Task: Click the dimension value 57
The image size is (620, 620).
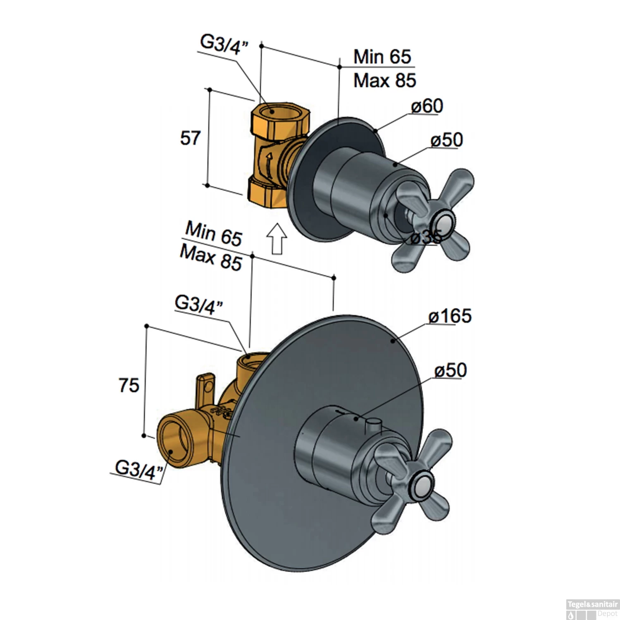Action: pyautogui.click(x=190, y=138)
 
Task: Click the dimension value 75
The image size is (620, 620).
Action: pyautogui.click(x=129, y=386)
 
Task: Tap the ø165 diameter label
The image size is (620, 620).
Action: pyautogui.click(x=450, y=317)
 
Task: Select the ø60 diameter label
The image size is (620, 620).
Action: pyautogui.click(x=427, y=106)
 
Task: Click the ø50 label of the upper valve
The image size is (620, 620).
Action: pyautogui.click(x=446, y=140)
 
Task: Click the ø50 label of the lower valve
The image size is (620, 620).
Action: pyautogui.click(x=451, y=370)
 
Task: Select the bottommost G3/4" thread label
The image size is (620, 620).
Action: pyautogui.click(x=137, y=470)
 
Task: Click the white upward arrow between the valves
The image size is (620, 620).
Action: pyautogui.click(x=277, y=238)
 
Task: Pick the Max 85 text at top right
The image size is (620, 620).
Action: pyautogui.click(x=384, y=81)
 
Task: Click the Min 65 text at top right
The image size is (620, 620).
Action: pyautogui.click(x=382, y=57)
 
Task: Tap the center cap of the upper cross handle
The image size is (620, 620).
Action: pyautogui.click(x=442, y=224)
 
